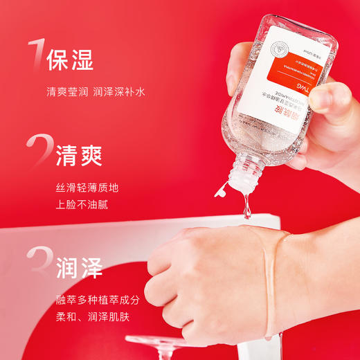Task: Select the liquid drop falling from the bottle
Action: pos(246,208)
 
